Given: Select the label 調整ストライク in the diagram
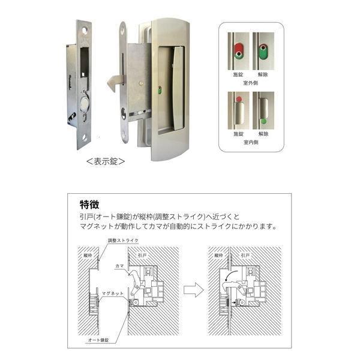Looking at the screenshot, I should (122, 240).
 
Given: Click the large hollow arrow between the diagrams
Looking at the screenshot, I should (191, 290).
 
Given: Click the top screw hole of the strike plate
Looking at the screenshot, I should (82, 28).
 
